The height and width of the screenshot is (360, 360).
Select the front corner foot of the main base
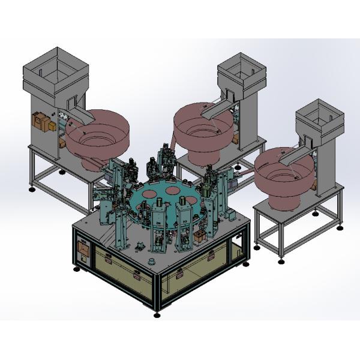tap(157, 314)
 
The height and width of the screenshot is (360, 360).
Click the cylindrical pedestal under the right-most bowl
tap(282, 201)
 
